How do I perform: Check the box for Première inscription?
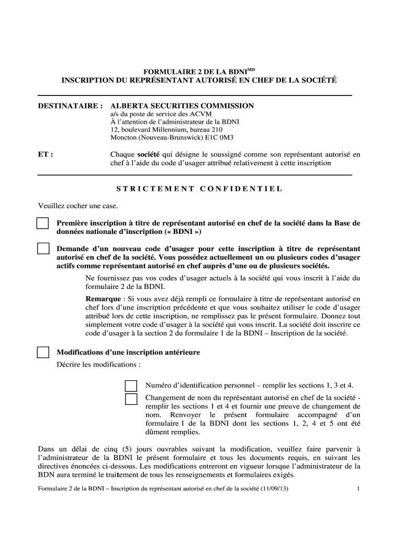(x=42, y=223)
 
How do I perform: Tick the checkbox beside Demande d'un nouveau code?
(x=42, y=249)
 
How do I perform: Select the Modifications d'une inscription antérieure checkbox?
(x=42, y=352)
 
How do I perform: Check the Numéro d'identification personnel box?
(x=131, y=386)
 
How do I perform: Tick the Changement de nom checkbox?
(x=131, y=399)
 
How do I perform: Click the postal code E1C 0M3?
(x=206, y=138)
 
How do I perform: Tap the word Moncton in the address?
(x=124, y=138)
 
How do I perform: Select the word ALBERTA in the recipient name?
(x=129, y=106)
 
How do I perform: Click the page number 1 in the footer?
(x=359, y=490)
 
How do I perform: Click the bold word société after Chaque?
(x=149, y=155)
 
